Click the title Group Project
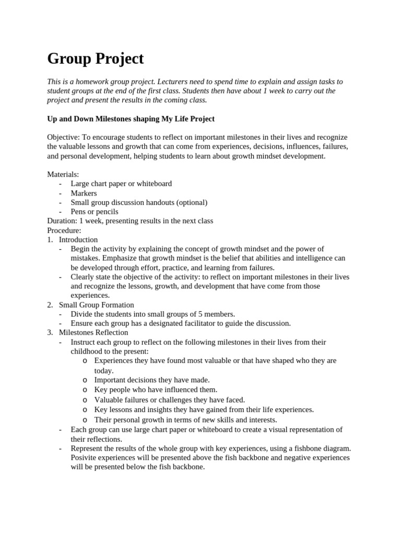point(95,59)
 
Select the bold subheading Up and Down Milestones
point(131,119)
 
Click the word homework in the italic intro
point(103,82)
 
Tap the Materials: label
point(63,174)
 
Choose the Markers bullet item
point(84,193)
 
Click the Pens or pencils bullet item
point(95,212)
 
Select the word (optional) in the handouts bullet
point(191,202)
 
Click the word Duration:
point(62,221)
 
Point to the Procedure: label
point(64,230)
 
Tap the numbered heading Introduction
point(78,240)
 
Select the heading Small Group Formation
point(96,305)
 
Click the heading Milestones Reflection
point(93,333)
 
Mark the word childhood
point(88,351)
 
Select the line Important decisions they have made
point(151,380)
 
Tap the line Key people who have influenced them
point(156,390)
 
